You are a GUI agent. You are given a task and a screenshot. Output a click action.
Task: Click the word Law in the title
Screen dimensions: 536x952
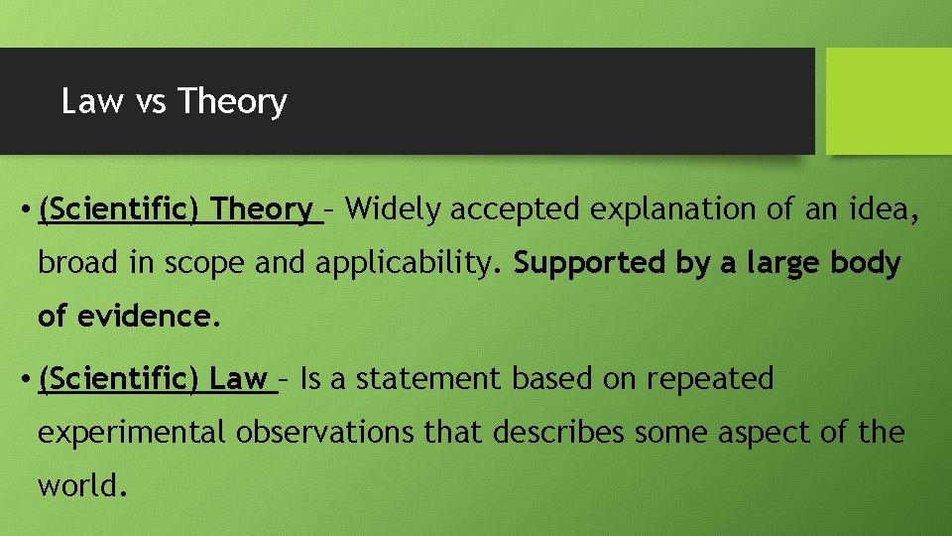92,101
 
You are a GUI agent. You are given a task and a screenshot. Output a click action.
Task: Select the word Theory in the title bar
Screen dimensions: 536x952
233,101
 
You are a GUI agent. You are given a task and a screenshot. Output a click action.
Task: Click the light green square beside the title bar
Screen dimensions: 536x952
888,101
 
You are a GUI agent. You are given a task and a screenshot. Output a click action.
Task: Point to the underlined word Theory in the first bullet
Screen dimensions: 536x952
263,209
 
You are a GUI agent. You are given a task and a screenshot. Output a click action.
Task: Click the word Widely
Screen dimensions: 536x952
395,209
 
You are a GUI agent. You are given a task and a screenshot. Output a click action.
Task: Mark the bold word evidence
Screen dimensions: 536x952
144,317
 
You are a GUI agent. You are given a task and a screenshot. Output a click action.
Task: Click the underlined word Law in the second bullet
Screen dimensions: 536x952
239,379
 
